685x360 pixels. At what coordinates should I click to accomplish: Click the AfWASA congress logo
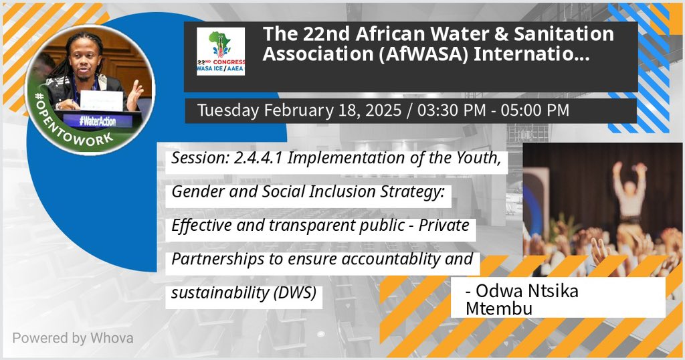(x=220, y=51)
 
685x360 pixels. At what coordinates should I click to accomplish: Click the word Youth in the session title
(x=476, y=158)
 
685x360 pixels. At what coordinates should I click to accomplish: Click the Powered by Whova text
(x=72, y=338)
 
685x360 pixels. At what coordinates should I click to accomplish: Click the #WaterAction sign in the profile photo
(x=100, y=121)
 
